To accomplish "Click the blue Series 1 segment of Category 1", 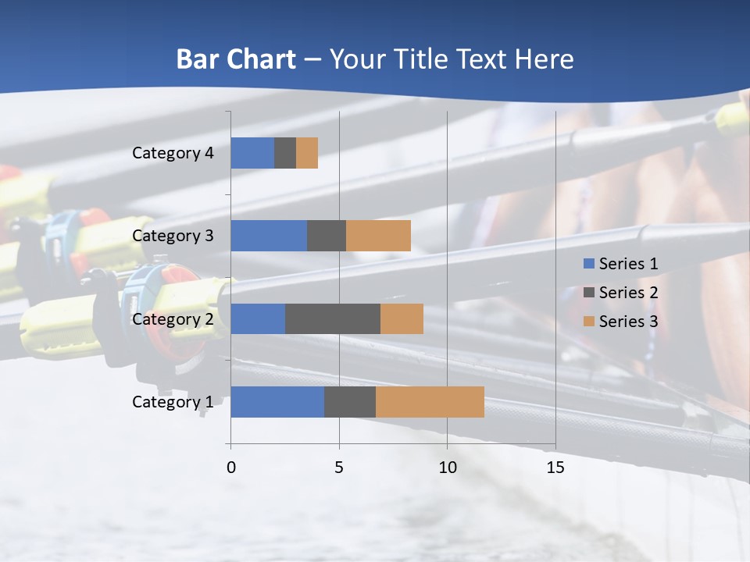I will click(277, 402).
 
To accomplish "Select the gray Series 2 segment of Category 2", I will click(333, 318).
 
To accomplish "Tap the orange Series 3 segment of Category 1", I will click(430, 402).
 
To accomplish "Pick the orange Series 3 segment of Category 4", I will click(307, 153).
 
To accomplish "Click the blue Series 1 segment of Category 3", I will click(269, 236).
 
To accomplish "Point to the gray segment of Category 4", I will click(285, 153).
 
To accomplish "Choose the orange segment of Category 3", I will click(378, 236).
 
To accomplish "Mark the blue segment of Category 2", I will click(258, 318).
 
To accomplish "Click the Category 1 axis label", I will click(173, 402).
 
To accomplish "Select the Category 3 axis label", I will click(173, 236).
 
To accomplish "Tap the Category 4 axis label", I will click(173, 153).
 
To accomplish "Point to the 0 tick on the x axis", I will click(231, 468).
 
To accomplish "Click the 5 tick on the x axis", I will click(339, 468).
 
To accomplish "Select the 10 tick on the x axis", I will click(447, 468).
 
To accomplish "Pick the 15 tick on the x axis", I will click(555, 468).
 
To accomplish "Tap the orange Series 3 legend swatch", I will click(589, 322).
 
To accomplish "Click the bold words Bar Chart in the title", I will click(236, 59).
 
